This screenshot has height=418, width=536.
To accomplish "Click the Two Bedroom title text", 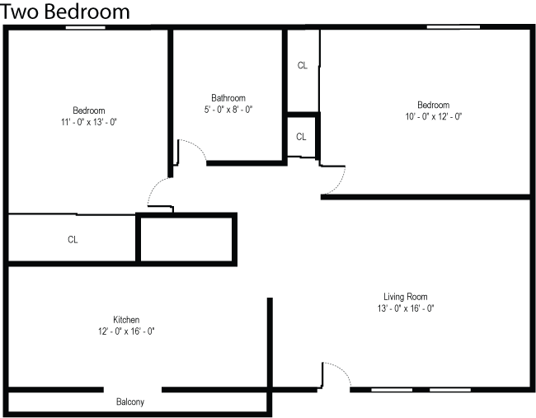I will [x=66, y=12].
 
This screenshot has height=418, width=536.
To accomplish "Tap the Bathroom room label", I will [x=228, y=98].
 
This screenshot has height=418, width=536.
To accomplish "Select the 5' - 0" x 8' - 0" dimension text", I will [x=228, y=109].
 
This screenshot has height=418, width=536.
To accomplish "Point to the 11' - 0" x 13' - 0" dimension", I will [x=88, y=122].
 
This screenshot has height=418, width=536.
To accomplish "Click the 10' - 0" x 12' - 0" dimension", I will [x=433, y=116].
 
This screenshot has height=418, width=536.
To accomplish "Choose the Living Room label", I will [x=406, y=297].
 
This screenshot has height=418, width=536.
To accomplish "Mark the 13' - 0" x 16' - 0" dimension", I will [x=406, y=308].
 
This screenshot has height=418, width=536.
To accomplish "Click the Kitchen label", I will [x=126, y=320].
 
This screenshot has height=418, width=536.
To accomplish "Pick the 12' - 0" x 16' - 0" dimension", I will [x=126, y=331].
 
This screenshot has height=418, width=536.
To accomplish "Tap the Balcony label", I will [x=130, y=402].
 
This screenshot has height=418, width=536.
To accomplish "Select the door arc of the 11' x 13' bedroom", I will [x=158, y=193].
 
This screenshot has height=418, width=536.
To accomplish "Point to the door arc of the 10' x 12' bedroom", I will [x=336, y=177].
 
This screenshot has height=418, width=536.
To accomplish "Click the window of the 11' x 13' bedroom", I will [x=86, y=28].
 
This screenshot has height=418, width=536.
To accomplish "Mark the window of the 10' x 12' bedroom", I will [x=454, y=28].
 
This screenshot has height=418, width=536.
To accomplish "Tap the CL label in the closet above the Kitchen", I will [x=73, y=240].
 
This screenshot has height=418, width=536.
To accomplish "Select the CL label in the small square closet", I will [x=301, y=137].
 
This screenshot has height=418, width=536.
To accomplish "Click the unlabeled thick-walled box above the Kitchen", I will [x=186, y=238].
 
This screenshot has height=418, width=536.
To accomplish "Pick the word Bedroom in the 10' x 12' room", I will [x=433, y=105].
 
